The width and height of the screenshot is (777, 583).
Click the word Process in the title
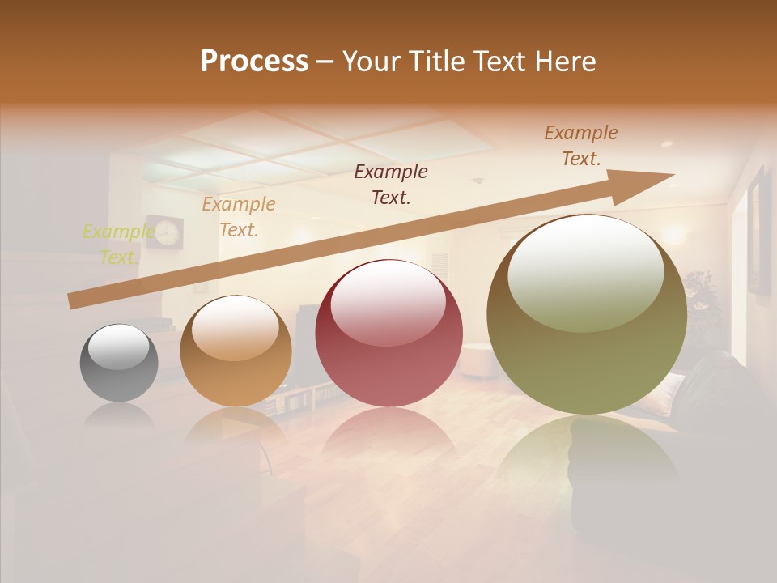[x=254, y=62]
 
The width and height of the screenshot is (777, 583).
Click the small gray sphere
[x=119, y=363]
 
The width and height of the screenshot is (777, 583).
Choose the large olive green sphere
[x=587, y=315]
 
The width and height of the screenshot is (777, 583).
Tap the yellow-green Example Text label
[x=118, y=245]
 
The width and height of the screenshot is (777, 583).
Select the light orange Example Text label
[x=238, y=217]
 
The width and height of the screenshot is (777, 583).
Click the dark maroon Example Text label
[x=391, y=184]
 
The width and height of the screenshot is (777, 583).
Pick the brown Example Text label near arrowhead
[x=580, y=146]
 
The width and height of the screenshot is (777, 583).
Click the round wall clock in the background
[x=165, y=232]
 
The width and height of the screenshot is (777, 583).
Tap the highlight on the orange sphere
[x=236, y=327]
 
